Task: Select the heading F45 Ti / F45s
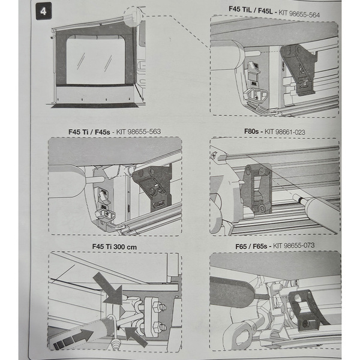tap(88, 131)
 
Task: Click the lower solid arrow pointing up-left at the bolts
tap(136, 336)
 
